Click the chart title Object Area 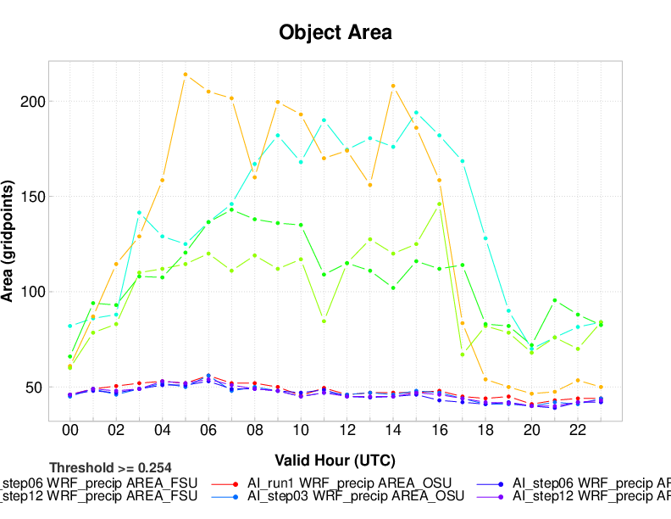click(x=335, y=33)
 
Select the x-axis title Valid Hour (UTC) click(x=335, y=460)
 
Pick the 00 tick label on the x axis click(x=70, y=432)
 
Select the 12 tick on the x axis click(x=347, y=432)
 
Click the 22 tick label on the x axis click(x=577, y=432)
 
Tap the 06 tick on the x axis click(x=208, y=432)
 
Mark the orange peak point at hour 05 click(x=186, y=75)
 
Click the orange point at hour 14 click(x=393, y=86)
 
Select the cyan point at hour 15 click(x=416, y=113)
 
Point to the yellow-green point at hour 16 click(x=439, y=204)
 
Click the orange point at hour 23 click(x=601, y=387)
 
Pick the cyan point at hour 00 click(x=70, y=326)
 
